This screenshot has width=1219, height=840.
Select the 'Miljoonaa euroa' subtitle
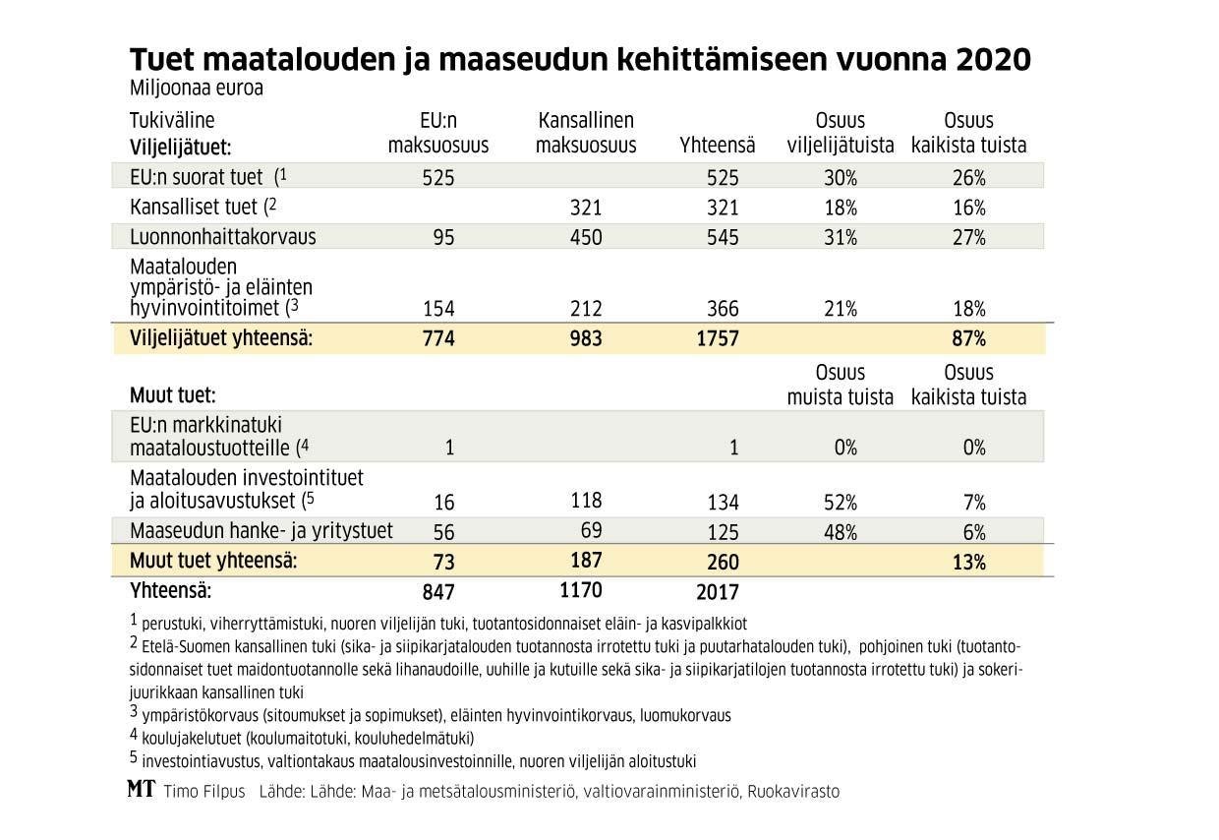[x=197, y=88]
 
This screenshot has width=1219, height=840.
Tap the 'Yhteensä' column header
[x=718, y=146]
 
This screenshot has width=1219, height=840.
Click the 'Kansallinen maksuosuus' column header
[x=586, y=133]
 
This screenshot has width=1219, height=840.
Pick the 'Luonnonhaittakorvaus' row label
[x=223, y=237]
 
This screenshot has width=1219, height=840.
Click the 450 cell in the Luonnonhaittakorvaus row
[x=586, y=237]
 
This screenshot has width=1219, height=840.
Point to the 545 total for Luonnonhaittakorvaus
[x=723, y=237]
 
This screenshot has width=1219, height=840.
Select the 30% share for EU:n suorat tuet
[x=842, y=178]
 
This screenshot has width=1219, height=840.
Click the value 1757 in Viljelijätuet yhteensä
[x=719, y=339]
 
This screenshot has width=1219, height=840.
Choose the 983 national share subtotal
[x=586, y=339]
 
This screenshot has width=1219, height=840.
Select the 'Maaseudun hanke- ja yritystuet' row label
[x=261, y=531]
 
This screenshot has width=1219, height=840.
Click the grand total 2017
[x=719, y=592]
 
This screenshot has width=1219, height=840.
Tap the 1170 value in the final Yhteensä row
[x=581, y=591]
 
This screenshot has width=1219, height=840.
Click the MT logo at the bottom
[x=142, y=790]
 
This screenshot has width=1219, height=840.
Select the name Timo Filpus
[x=204, y=791]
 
